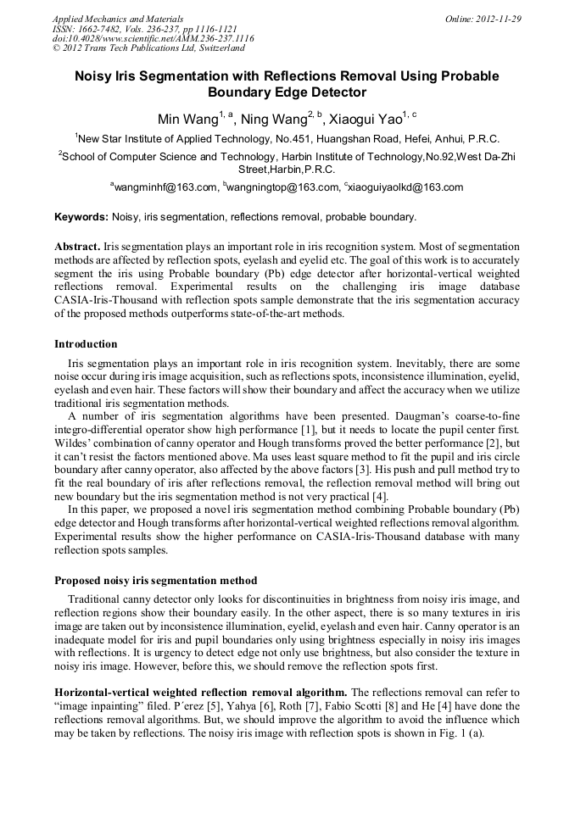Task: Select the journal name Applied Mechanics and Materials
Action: coord(117,19)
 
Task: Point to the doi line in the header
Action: coord(153,38)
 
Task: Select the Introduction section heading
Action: coord(86,344)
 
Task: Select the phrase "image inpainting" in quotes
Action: coord(100,706)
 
